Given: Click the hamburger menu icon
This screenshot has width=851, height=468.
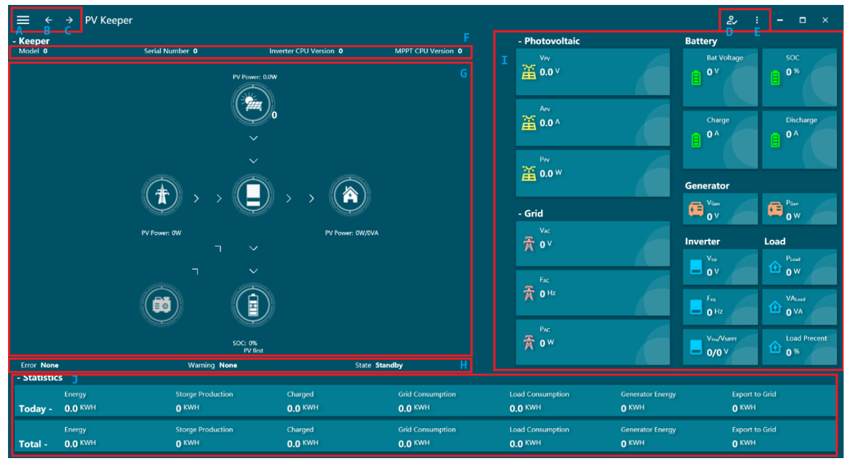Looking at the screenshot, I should pos(23,20).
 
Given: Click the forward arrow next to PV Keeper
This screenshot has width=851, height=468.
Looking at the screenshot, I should pos(69,20).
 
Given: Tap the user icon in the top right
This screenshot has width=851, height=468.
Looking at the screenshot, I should pos(732,20).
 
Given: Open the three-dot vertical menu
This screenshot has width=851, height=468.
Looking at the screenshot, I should pos(757,20).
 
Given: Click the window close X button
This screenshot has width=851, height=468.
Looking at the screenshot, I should pos(825,20).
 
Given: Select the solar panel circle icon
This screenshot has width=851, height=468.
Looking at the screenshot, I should pos(253,103).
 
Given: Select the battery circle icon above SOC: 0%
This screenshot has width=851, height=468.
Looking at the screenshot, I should pos(253,305).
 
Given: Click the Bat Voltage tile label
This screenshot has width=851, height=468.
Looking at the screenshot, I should pos(725,58).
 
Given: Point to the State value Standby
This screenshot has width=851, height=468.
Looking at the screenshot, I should pos(389,365).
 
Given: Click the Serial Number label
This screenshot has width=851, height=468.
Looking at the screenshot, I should pos(167,51).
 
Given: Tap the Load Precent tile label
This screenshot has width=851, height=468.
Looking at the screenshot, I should pos(806,339).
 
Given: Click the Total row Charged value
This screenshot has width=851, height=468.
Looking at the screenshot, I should pos(302,443).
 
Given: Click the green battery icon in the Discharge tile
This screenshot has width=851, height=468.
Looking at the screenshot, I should pos(776,140).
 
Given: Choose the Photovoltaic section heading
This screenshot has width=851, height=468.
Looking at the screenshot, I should pos(552,41).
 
